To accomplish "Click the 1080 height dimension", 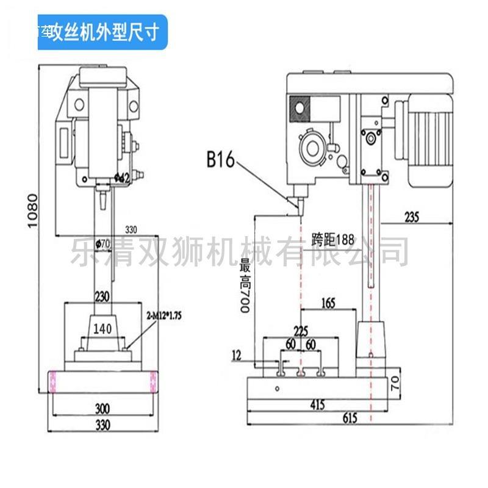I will pos(33,210).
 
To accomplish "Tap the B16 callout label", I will pos(220,160).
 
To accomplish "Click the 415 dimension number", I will pos(316,404).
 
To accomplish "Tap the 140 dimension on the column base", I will pos(102,329).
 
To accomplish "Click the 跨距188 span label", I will pos(333,239).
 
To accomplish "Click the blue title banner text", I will pos(98,32).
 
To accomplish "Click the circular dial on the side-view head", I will pos(313,148).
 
